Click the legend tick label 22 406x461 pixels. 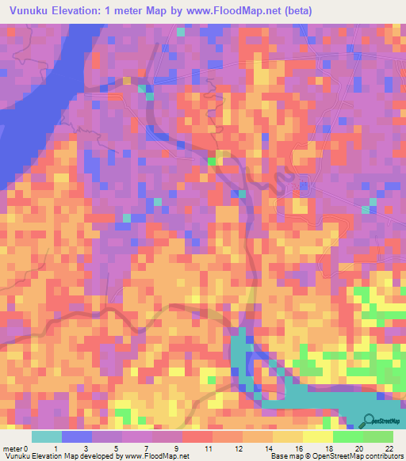coord(388,448)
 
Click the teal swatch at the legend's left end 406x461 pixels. coord(47,436)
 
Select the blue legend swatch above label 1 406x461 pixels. coord(77,436)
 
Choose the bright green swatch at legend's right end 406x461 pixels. coord(377,436)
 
